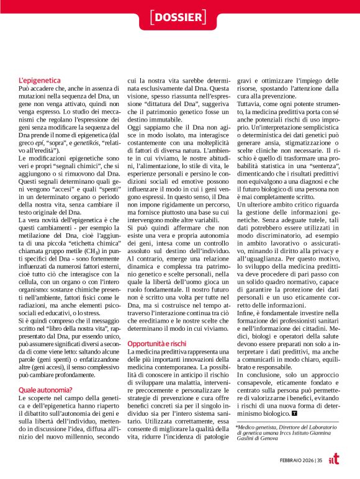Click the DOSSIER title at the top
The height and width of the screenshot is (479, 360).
179,17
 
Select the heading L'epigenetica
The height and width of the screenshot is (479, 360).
40,81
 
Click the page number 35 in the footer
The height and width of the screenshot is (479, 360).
319,459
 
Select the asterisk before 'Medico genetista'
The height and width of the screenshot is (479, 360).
238,428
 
